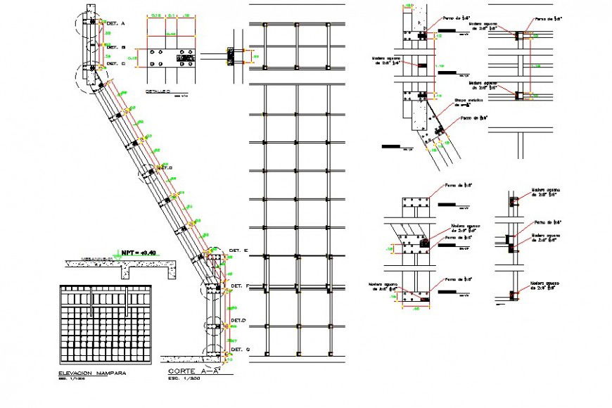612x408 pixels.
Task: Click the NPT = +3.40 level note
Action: [x=138, y=253]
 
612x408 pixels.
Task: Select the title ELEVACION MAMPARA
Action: [x=91, y=373]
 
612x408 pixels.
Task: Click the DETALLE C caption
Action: [x=158, y=91]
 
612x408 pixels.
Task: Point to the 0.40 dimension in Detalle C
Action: [x=170, y=33]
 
